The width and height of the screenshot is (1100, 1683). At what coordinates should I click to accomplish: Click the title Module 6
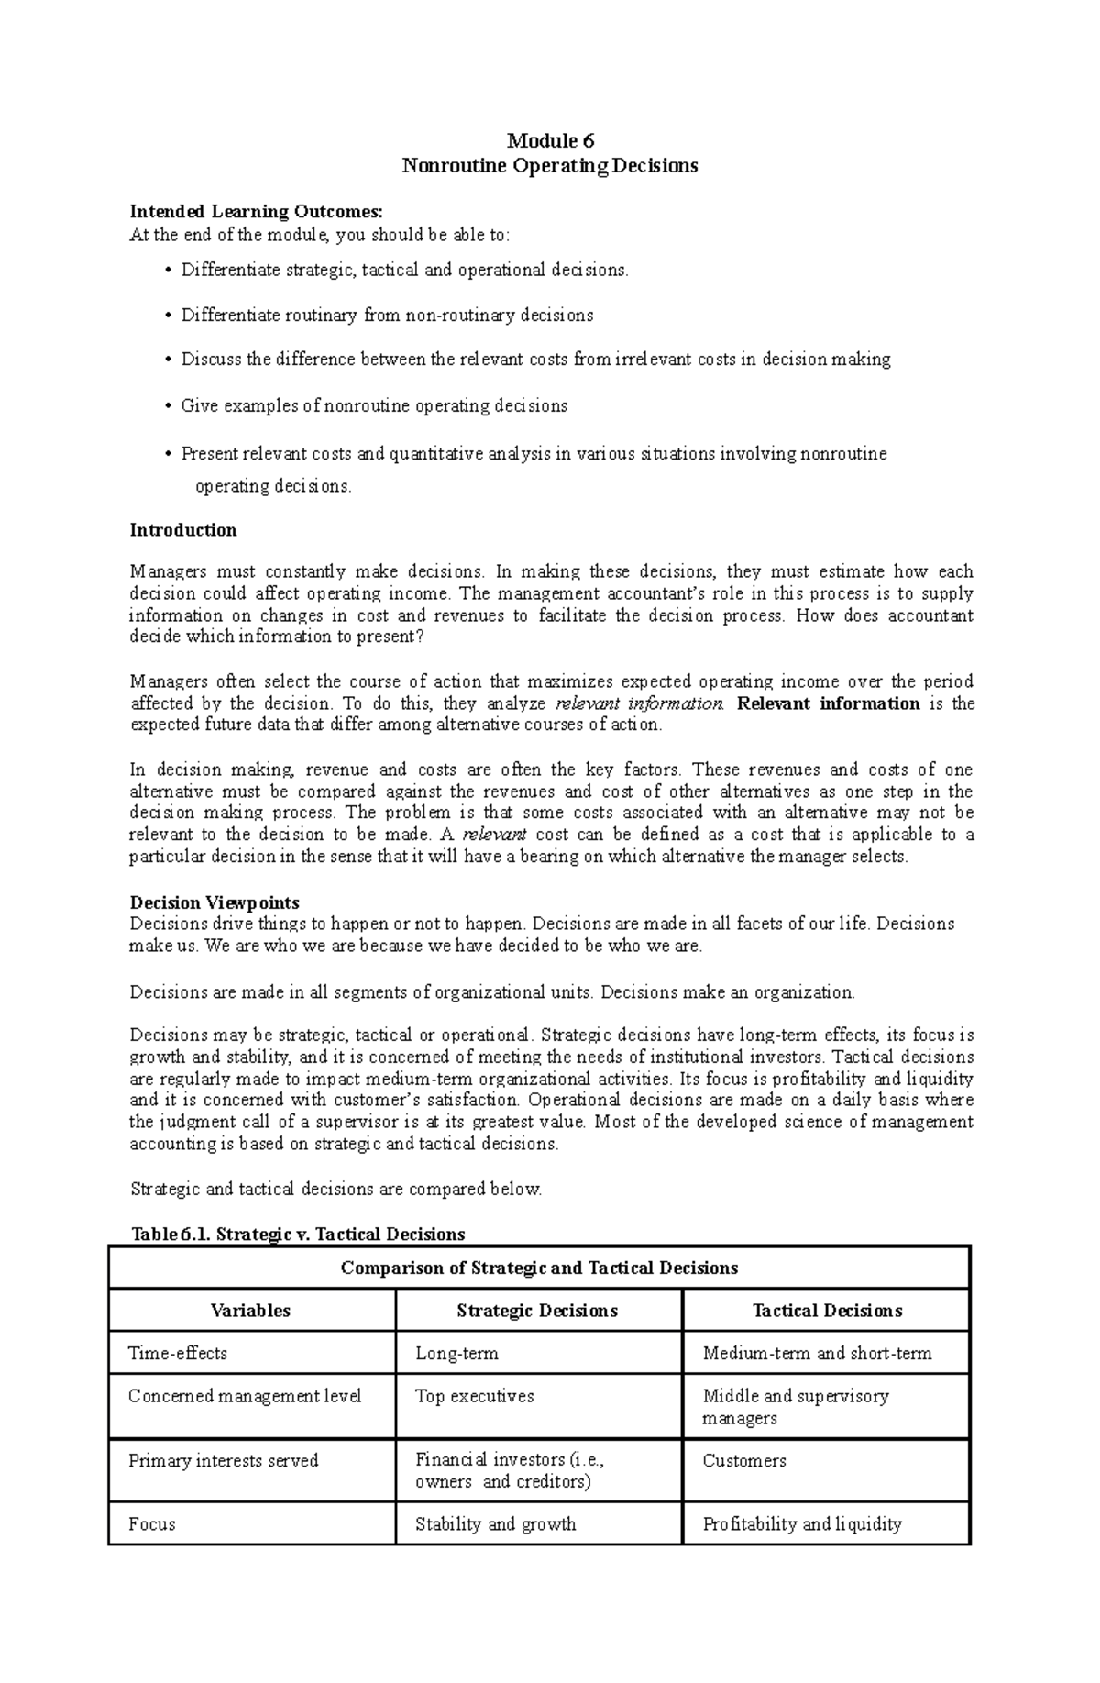tap(550, 141)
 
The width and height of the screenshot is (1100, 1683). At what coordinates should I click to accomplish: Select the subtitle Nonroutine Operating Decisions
tap(550, 166)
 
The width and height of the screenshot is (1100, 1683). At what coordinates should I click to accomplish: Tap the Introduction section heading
tap(183, 530)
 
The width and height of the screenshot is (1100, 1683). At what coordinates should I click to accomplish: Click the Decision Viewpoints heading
tap(214, 902)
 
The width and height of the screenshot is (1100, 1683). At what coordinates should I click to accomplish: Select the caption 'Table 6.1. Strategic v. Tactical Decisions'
tap(299, 1234)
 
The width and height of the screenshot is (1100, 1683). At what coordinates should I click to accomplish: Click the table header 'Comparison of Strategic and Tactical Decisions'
tap(539, 1268)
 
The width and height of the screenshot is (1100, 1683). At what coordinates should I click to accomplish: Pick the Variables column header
tap(250, 1311)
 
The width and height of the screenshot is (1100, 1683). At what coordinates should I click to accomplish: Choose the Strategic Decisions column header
tap(537, 1311)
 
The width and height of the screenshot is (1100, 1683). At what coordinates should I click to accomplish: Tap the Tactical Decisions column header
tap(827, 1311)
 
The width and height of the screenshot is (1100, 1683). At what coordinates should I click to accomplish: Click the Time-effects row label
tap(178, 1353)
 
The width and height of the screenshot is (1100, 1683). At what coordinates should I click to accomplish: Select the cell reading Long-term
tap(456, 1353)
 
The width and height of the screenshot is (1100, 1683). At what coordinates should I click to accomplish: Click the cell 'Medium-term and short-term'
tap(817, 1353)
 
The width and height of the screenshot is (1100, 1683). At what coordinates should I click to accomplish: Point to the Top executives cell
tap(474, 1396)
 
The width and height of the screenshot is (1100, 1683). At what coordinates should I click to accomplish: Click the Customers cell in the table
tap(743, 1461)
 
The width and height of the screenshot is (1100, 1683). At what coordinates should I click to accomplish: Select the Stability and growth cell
tap(495, 1524)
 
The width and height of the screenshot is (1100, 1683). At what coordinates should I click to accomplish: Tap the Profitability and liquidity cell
tap(802, 1524)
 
